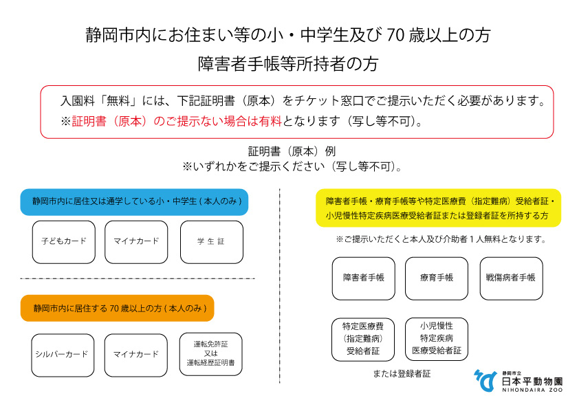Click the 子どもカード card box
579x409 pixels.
click(63, 241)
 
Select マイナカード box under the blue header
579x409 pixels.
click(136, 241)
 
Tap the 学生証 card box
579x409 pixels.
click(211, 241)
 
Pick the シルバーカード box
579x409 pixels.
click(61, 355)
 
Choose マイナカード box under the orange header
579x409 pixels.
click(136, 355)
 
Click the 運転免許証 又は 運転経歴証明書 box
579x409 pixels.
click(210, 355)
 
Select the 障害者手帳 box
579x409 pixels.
click(364, 278)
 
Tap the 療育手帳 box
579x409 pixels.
click(437, 278)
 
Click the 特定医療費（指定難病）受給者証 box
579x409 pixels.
click(364, 339)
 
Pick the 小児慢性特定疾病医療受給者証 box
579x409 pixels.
click(437, 339)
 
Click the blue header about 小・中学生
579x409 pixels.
click(134, 201)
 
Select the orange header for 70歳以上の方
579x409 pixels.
click(118, 308)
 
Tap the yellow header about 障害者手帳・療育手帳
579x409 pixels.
click(438, 208)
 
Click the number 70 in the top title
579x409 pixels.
click(397, 35)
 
